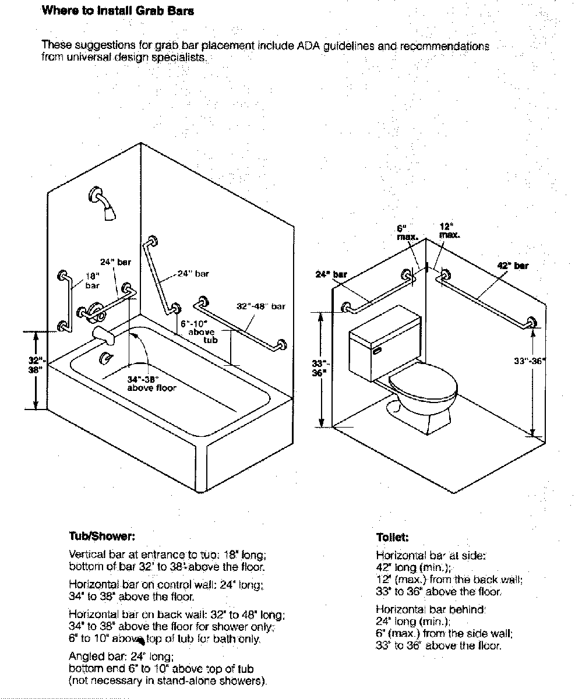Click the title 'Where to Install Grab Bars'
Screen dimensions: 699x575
[x=118, y=11]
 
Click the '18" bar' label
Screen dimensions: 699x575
[x=92, y=281]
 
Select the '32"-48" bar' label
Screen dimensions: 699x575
[x=261, y=306]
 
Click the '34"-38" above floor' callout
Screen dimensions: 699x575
[x=151, y=383]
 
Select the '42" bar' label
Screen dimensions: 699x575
[x=512, y=266]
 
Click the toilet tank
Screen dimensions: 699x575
[x=384, y=341]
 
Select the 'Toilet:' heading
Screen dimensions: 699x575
[x=393, y=537]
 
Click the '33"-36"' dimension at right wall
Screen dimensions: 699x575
[x=529, y=361]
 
